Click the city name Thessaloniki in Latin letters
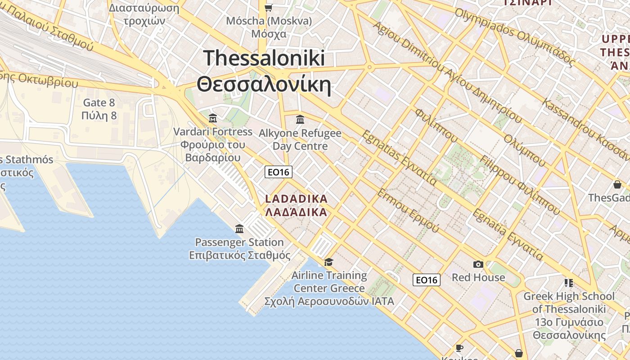(x=264, y=58)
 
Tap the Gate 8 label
(x=99, y=103)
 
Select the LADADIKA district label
(x=296, y=198)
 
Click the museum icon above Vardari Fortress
(x=213, y=118)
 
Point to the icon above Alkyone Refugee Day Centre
(x=300, y=120)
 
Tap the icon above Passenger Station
(x=239, y=229)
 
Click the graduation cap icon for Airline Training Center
(x=329, y=262)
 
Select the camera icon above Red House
(x=478, y=264)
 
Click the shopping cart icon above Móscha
(x=269, y=8)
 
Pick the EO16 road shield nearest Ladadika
(x=279, y=171)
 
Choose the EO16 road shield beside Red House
(x=426, y=280)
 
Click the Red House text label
(x=478, y=277)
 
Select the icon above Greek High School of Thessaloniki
(x=568, y=283)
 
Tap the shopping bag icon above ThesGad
(x=617, y=184)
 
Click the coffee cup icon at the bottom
(x=459, y=348)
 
